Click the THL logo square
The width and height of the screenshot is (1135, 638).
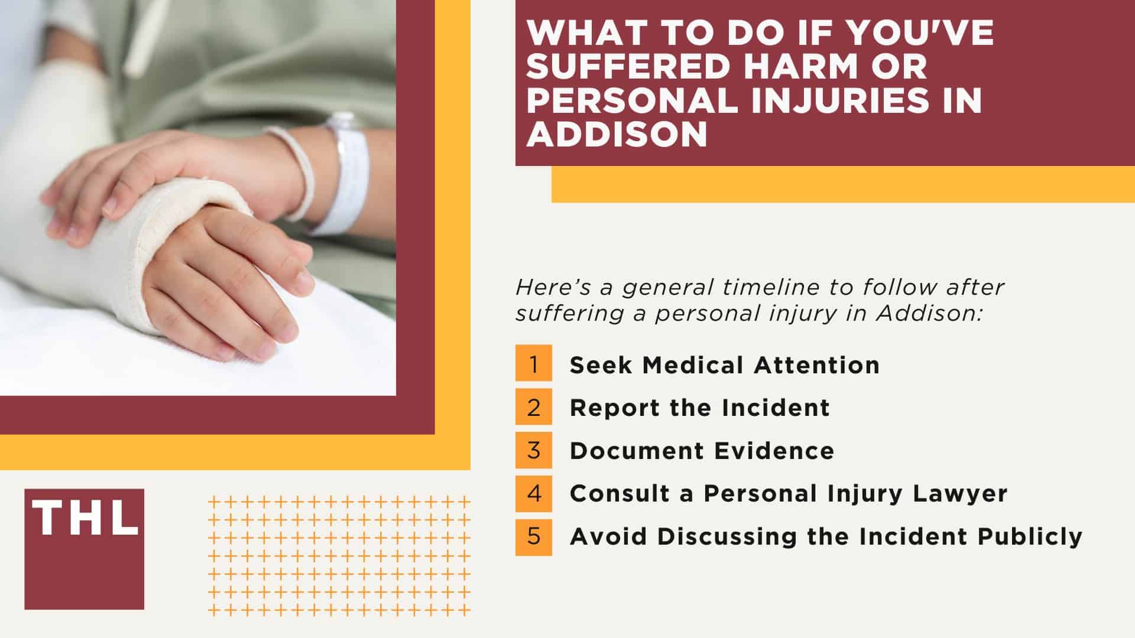(x=84, y=549)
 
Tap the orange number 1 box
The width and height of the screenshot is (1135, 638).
(x=533, y=363)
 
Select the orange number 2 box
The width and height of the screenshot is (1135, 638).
(x=533, y=407)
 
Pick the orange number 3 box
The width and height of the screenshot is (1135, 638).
(x=533, y=450)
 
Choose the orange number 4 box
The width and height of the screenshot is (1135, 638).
(x=533, y=493)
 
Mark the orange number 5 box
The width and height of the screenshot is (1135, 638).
(x=533, y=536)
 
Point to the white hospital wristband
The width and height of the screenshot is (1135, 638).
(x=349, y=177)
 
